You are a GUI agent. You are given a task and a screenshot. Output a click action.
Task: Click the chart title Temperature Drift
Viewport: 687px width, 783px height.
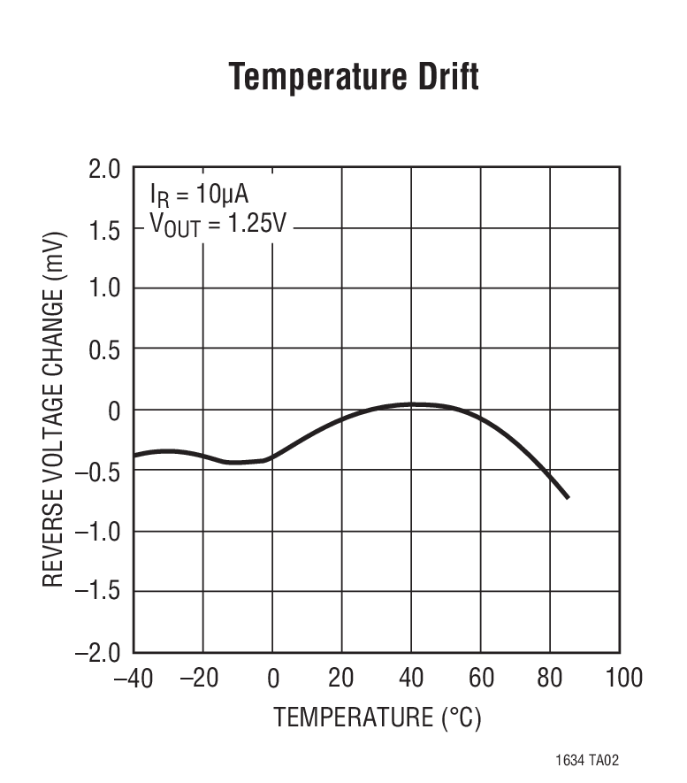tap(354, 78)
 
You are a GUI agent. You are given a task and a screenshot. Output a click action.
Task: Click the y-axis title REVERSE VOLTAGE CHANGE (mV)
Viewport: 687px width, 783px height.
tap(53, 409)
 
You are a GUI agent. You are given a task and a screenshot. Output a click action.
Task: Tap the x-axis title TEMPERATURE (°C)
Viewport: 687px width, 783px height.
tap(378, 717)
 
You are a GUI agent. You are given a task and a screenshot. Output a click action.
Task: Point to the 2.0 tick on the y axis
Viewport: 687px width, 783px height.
tap(104, 169)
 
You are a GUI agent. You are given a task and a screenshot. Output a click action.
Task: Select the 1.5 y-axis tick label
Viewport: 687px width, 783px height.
tap(104, 229)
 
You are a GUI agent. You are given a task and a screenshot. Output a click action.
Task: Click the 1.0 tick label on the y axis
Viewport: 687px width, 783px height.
tap(104, 289)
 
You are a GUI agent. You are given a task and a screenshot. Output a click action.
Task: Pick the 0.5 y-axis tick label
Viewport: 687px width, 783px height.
tap(104, 349)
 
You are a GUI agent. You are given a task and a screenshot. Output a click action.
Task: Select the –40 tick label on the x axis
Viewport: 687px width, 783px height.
tap(134, 679)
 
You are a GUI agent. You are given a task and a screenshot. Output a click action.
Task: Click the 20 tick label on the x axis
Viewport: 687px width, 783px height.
tap(341, 679)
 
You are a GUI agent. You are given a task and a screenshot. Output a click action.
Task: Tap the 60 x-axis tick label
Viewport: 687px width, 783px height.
tap(481, 679)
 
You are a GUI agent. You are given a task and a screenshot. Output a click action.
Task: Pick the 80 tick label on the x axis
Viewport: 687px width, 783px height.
tap(550, 679)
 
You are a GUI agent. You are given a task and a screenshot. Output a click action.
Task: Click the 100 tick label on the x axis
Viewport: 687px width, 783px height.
tap(623, 679)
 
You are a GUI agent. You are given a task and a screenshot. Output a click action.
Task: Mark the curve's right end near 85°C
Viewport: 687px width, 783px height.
tap(568, 497)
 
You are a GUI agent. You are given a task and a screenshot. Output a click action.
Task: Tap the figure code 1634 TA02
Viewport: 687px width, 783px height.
tap(594, 760)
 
